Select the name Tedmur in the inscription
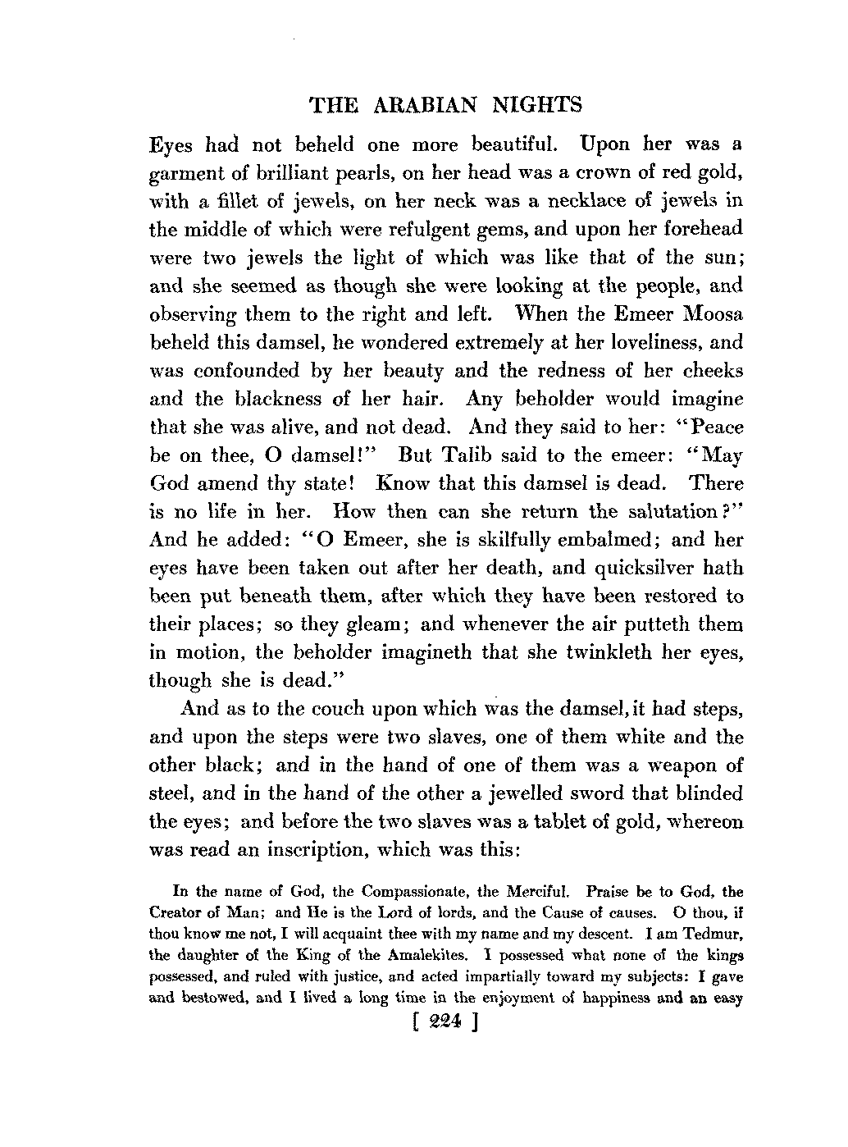(x=714, y=934)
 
